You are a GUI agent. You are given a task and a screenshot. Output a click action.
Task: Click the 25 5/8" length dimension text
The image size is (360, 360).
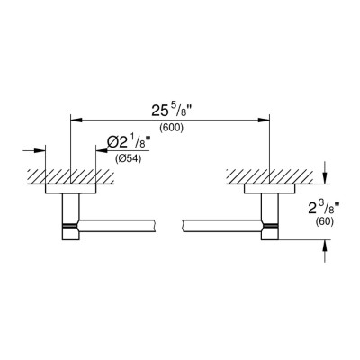click(x=172, y=110)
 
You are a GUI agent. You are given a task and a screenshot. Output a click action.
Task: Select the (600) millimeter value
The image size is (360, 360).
click(x=171, y=128)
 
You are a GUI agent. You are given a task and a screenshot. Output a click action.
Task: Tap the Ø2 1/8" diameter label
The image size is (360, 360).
click(x=128, y=143)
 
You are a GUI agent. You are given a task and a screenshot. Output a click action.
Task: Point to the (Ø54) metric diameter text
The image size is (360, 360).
click(x=128, y=159)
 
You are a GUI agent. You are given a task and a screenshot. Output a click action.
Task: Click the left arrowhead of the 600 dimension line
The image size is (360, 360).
click(x=76, y=120)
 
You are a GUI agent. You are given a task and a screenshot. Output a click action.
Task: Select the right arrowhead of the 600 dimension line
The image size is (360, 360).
click(x=264, y=120)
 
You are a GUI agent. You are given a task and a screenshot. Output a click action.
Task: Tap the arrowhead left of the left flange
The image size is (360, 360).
click(x=39, y=150)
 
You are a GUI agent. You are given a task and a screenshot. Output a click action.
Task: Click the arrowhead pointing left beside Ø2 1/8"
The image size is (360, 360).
click(x=102, y=150)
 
